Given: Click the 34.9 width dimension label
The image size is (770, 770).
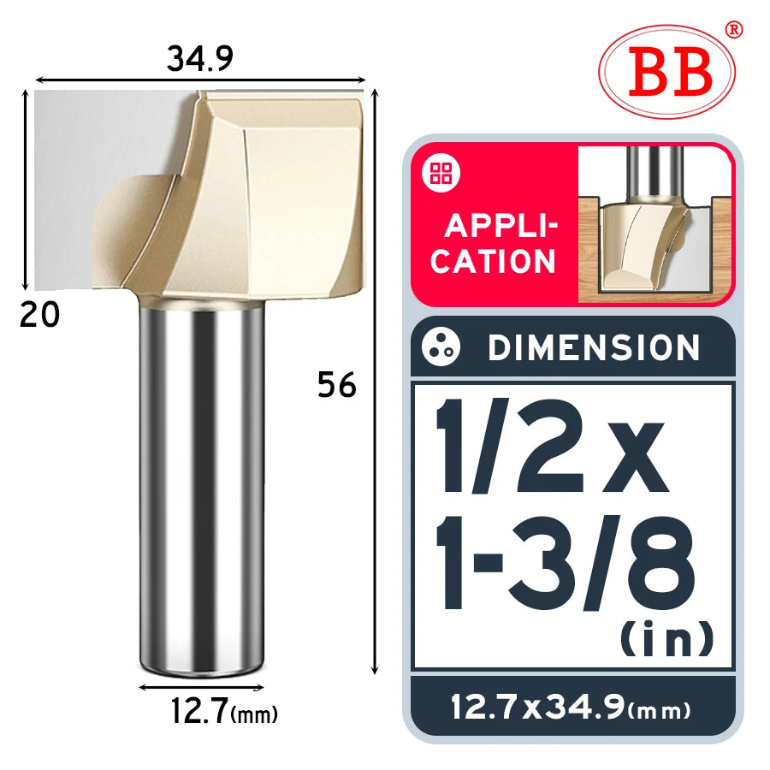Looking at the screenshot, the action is [x=200, y=58].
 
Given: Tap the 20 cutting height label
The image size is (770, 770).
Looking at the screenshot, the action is [x=39, y=315].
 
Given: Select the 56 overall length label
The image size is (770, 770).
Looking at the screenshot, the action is [x=337, y=384].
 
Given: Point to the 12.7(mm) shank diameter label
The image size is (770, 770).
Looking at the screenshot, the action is [x=224, y=711].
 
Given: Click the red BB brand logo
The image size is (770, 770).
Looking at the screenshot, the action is [x=666, y=72].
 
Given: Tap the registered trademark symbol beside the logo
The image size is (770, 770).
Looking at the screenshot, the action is [x=734, y=29].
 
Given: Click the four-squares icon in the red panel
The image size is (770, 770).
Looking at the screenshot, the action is [x=441, y=173].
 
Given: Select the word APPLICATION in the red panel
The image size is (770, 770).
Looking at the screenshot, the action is [x=494, y=243].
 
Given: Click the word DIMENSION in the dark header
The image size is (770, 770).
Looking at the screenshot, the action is [x=594, y=347].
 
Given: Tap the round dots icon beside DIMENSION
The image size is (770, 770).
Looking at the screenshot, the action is [x=441, y=346].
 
